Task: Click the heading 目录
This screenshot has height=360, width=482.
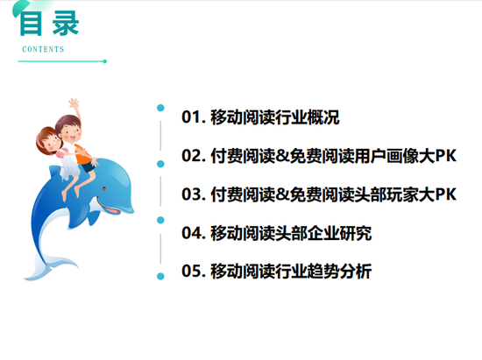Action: (49, 24)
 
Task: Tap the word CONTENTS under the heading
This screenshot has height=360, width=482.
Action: (43, 49)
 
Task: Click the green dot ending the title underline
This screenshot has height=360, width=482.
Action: (105, 61)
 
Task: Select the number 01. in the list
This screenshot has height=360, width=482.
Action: (194, 117)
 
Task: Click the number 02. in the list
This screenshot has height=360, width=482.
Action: (194, 155)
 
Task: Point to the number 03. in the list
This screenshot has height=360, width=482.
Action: (194, 194)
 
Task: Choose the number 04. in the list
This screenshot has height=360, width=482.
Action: (194, 233)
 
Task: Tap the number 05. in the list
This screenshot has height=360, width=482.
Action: (194, 271)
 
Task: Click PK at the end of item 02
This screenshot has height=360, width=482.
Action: (446, 156)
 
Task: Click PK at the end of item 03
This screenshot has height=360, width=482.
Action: (446, 194)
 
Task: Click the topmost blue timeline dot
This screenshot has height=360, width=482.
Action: (160, 108)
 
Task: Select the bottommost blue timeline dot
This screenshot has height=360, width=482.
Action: (160, 277)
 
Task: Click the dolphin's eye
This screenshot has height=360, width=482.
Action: (104, 188)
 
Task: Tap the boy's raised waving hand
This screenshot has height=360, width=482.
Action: (74, 102)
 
